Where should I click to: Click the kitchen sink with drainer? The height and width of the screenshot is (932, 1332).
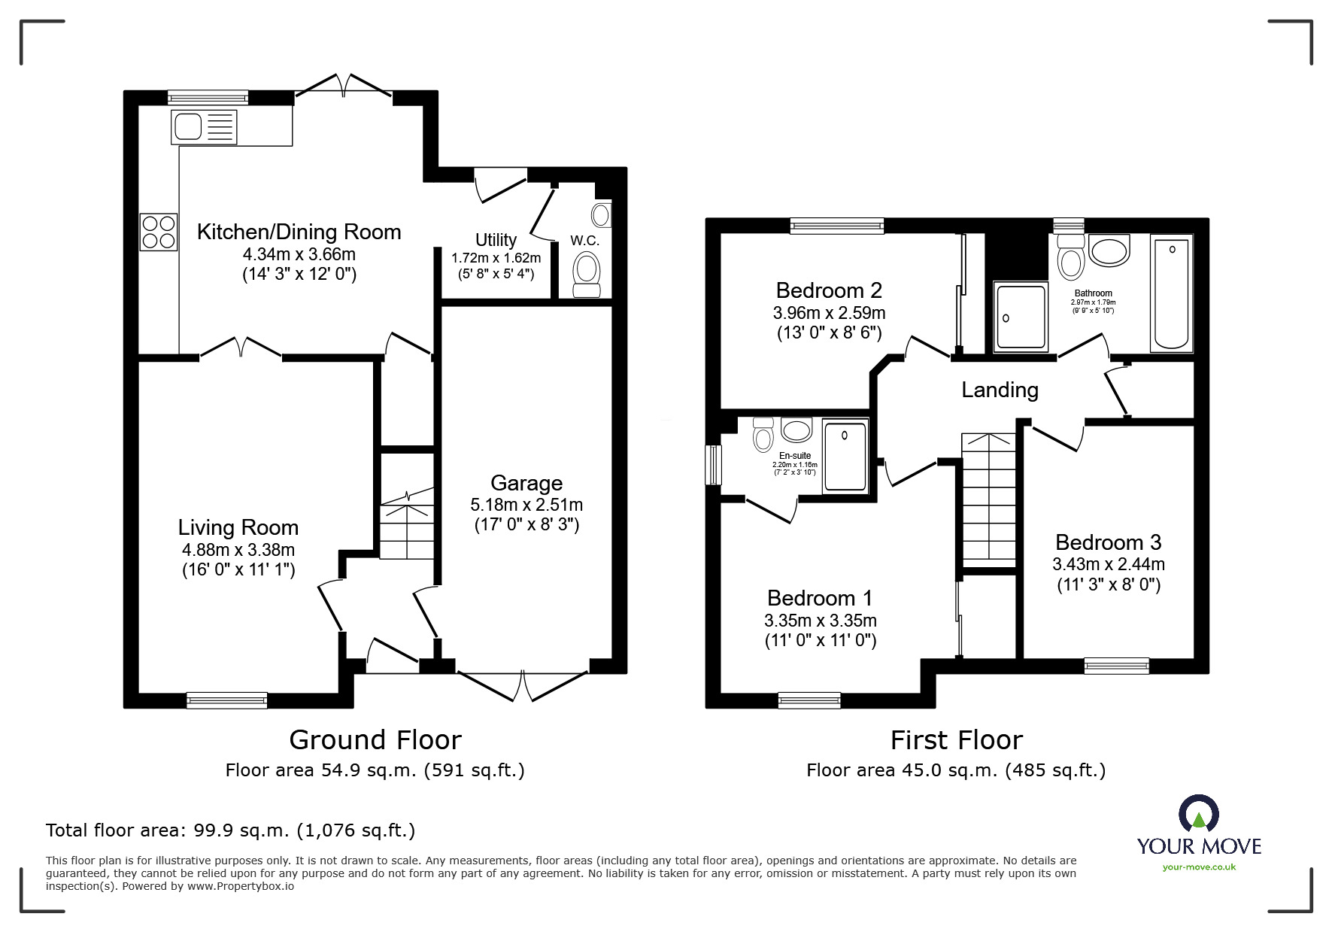pos(204,126)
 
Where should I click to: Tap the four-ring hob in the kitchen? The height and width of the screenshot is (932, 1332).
pos(159,232)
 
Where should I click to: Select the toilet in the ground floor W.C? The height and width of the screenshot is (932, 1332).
pos(587,275)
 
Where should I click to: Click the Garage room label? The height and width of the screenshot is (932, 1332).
pos(526,483)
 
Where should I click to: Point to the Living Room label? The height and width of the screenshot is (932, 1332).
pos(238,527)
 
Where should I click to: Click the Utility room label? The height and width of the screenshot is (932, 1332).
pos(496,240)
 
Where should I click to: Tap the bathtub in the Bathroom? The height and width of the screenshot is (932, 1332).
pos(1171,294)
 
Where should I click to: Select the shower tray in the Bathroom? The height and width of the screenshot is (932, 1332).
pos(1021,317)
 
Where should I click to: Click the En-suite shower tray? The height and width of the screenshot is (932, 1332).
pos(845,457)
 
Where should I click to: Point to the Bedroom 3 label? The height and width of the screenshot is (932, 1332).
pos(1108,542)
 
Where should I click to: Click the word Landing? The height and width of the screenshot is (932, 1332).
pos(1000,390)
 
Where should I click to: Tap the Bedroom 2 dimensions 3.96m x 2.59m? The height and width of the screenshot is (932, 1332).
pos(829,313)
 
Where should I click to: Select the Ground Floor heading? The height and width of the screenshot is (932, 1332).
pos(375,740)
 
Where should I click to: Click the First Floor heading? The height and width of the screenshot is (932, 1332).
pos(957,740)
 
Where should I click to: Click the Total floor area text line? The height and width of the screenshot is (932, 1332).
pos(230,830)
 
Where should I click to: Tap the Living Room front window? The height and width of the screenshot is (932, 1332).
pos(227,700)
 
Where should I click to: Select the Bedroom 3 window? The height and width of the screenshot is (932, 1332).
pos(1117,665)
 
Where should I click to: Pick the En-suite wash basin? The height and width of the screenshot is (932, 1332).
pos(796,430)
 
